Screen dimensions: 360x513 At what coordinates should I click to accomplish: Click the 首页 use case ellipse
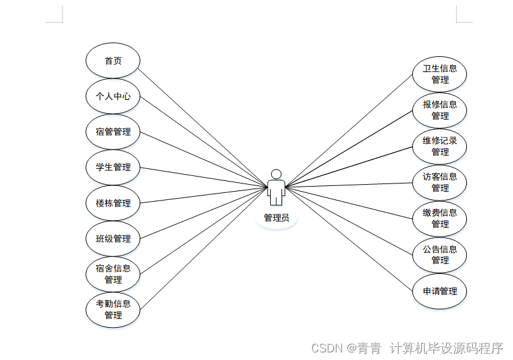[x=113, y=61]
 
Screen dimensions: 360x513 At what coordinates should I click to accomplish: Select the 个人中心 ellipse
[x=113, y=96]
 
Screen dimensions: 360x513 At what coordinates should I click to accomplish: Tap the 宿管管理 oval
[x=113, y=132]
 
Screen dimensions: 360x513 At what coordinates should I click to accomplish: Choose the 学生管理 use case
[x=113, y=167]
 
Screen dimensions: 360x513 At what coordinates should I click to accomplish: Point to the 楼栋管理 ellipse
[x=113, y=203]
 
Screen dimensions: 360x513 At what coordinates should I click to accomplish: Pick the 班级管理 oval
[x=113, y=239]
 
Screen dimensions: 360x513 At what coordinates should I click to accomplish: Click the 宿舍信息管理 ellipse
[x=113, y=273]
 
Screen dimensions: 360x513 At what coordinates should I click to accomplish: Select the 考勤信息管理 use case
[x=113, y=309]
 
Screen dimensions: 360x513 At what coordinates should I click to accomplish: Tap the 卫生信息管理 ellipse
[x=440, y=74]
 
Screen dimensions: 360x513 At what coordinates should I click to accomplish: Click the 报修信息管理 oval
[x=440, y=110]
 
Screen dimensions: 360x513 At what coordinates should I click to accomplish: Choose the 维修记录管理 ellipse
[x=440, y=146]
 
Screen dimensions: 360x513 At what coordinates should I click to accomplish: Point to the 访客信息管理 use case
[x=440, y=182]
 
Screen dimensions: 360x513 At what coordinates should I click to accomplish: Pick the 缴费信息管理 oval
[x=440, y=218]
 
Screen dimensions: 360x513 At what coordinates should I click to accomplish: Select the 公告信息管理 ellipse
[x=440, y=254]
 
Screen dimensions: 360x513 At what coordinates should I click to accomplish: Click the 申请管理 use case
[x=440, y=291]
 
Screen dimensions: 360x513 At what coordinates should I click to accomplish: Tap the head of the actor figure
[x=276, y=174]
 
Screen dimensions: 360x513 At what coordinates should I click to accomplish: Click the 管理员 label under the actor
[x=276, y=218]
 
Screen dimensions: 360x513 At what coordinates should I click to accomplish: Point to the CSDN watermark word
[x=327, y=348]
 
